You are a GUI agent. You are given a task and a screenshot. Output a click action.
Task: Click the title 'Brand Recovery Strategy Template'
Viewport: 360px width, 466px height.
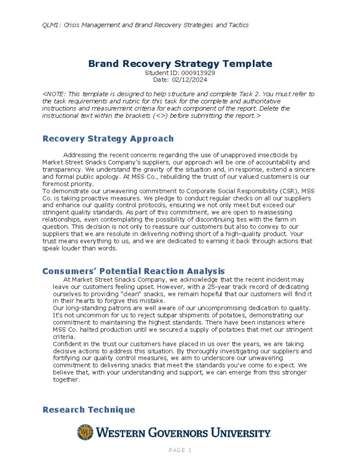coord(180,64)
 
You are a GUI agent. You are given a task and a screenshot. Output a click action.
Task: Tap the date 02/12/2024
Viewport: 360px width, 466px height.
coord(189,80)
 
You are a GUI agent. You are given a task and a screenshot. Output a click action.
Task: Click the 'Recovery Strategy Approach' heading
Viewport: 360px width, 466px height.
coord(108,139)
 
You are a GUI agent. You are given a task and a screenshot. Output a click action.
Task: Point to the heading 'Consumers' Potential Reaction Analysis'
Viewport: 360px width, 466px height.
coord(133,271)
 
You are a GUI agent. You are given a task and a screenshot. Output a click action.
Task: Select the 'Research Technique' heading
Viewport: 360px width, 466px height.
coord(89,410)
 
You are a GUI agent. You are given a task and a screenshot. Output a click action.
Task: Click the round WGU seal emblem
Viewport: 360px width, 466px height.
coord(85,432)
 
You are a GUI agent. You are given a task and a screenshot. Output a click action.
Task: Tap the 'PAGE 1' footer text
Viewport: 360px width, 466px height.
coord(180,450)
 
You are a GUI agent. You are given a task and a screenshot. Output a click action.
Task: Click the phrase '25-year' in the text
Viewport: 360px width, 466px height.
coord(218,287)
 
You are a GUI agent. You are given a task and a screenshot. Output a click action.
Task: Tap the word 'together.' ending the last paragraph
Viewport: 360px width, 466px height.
coord(66,380)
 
